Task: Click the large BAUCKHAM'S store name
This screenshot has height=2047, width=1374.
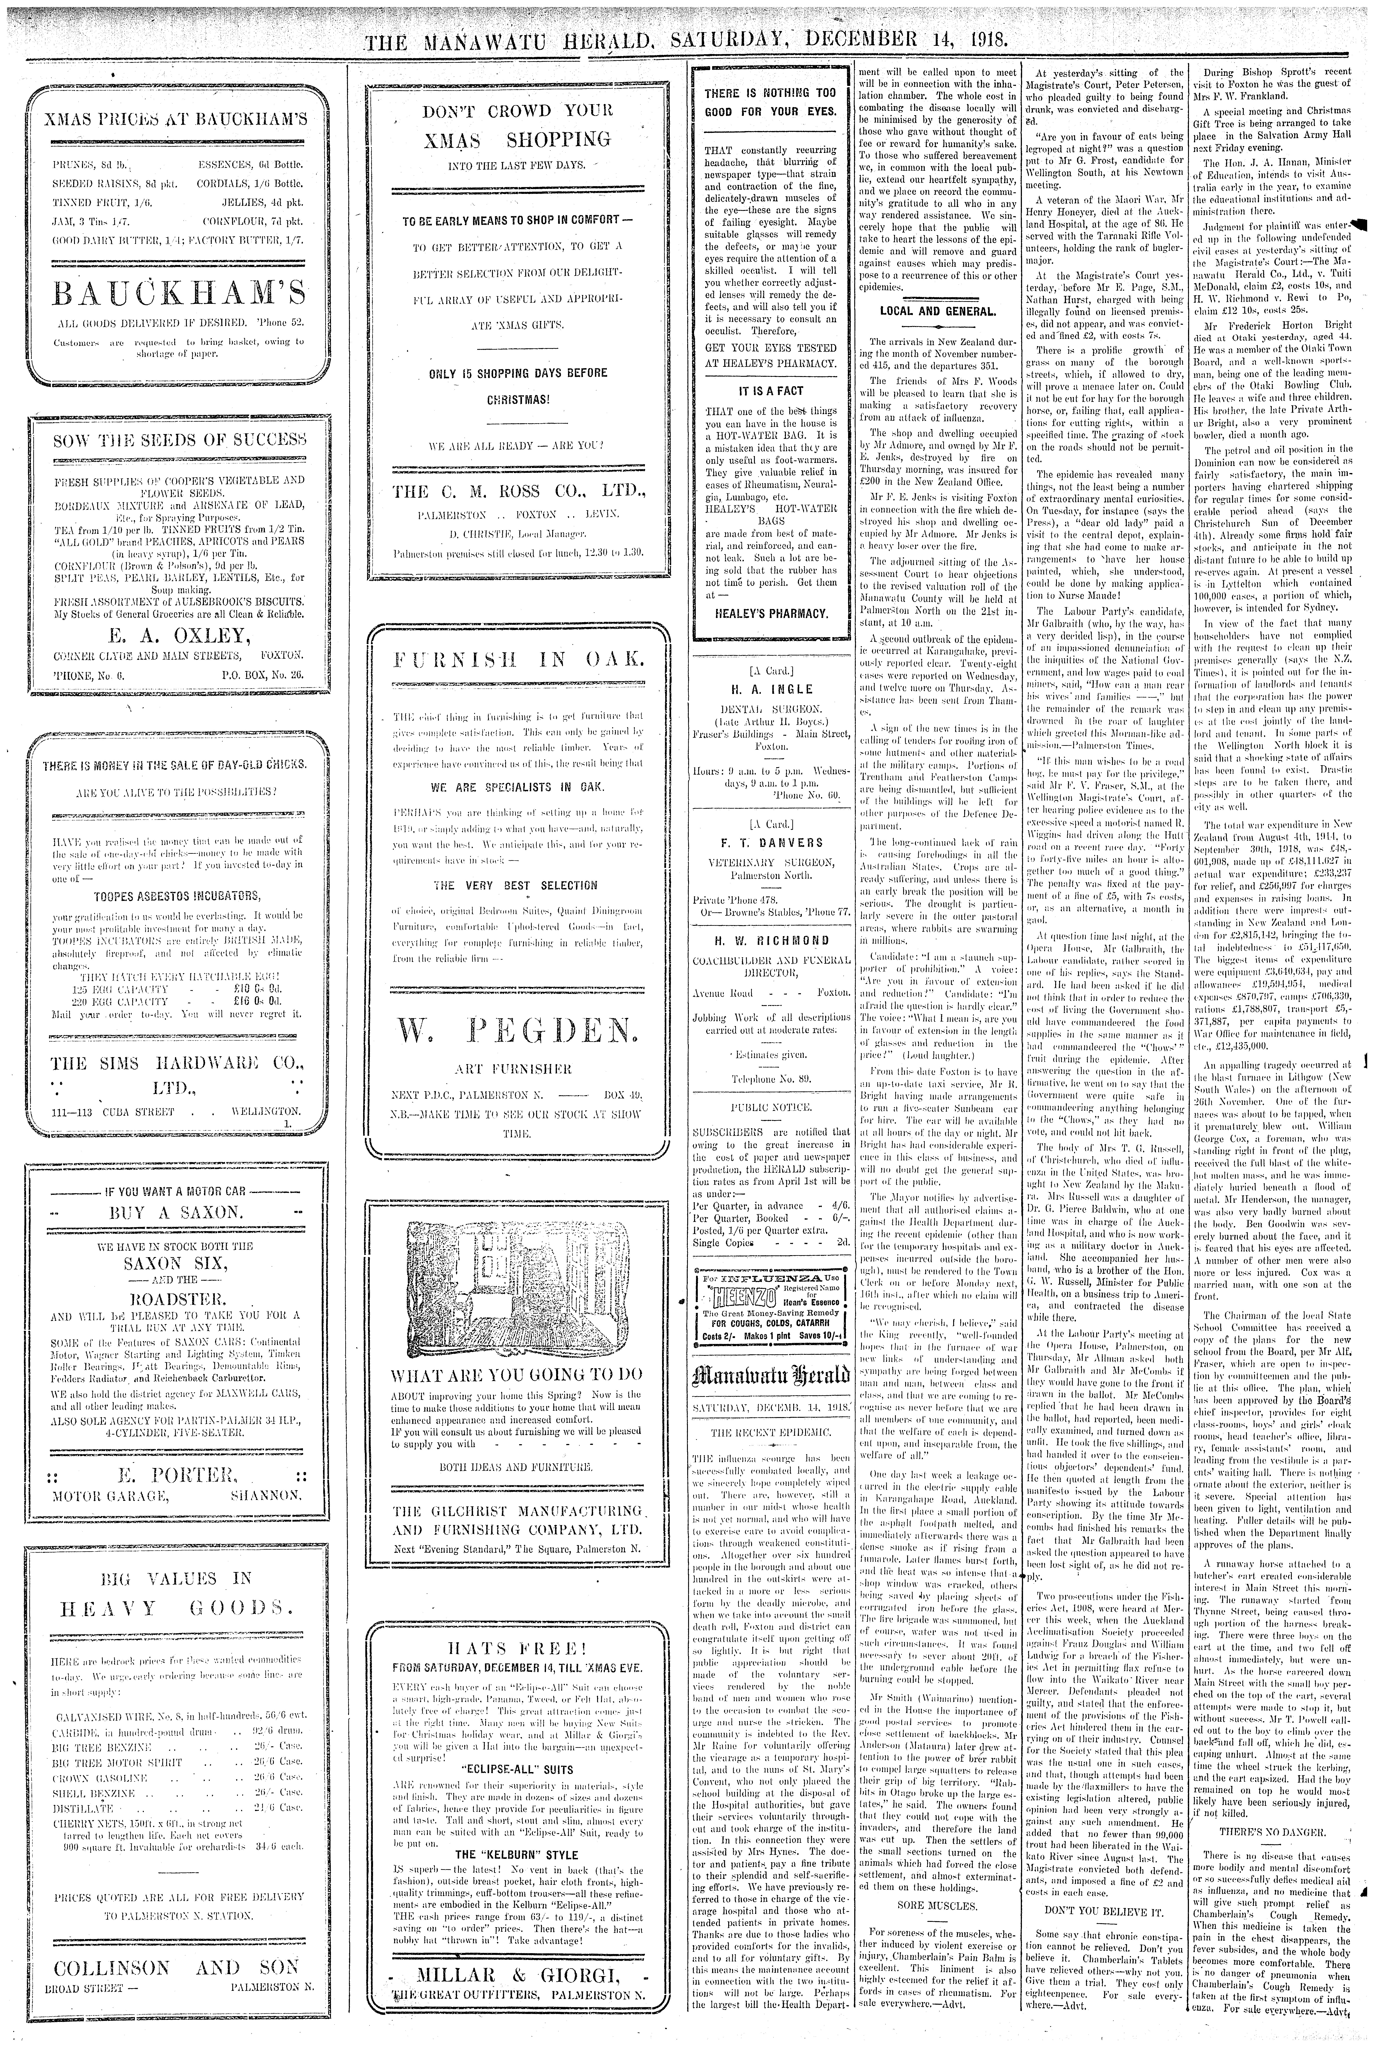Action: coord(168,290)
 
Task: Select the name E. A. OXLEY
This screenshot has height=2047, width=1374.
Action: coord(168,633)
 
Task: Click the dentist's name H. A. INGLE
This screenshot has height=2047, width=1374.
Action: coord(771,689)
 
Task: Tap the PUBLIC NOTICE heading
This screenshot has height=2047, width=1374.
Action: coord(771,1108)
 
